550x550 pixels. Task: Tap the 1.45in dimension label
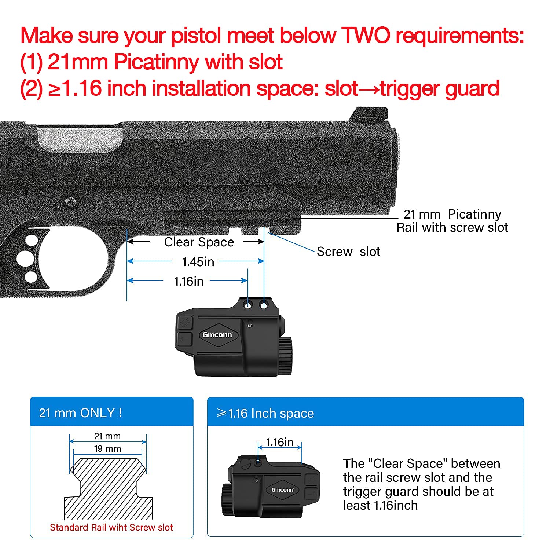[x=198, y=262]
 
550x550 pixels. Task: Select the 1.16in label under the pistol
[x=188, y=281]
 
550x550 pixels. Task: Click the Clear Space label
[x=199, y=242]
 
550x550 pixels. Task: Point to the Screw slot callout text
[x=348, y=252]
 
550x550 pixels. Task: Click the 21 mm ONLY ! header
[x=80, y=413]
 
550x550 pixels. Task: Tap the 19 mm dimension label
[x=107, y=448]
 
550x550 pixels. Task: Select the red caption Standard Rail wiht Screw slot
[x=111, y=527]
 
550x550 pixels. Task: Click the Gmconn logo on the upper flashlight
[x=217, y=334]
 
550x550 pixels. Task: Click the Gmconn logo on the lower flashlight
[x=282, y=489]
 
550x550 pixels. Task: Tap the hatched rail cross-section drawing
[x=108, y=488]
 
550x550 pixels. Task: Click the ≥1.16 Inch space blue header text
[x=265, y=413]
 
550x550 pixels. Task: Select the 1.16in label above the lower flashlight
[x=279, y=442]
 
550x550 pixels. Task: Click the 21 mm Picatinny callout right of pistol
[x=452, y=220]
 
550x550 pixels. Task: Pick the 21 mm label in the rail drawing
[x=107, y=436]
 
